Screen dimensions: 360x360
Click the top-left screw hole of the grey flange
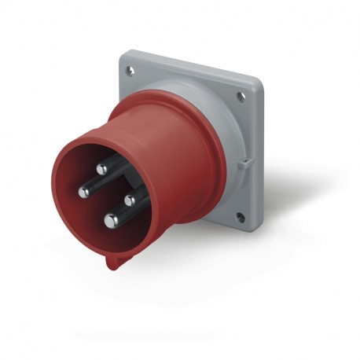(x=130, y=71)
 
